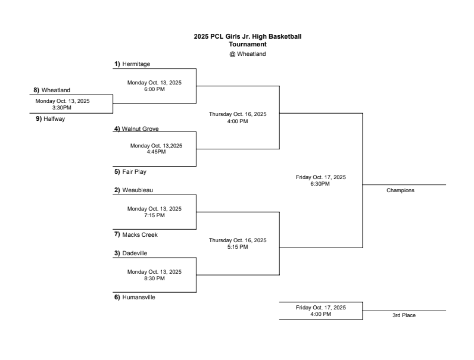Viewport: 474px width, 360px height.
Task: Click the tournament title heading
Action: [248, 40]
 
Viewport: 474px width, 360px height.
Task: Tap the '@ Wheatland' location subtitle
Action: [248, 54]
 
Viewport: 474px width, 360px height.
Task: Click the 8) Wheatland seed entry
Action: [52, 90]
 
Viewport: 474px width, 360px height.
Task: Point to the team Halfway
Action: [51, 118]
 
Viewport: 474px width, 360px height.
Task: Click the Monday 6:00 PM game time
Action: [154, 86]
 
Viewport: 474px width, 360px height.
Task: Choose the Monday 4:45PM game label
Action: [156, 149]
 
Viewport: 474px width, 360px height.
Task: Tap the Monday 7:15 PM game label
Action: [154, 212]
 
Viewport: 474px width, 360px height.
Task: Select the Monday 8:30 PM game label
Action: [154, 275]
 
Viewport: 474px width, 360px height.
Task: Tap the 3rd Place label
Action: [404, 315]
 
